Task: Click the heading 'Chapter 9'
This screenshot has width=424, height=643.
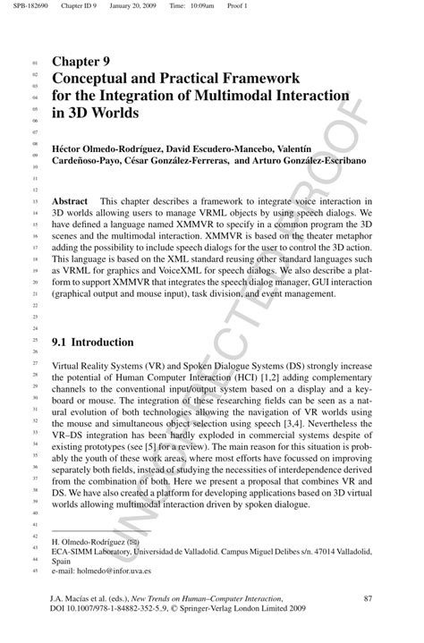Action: coord(81,62)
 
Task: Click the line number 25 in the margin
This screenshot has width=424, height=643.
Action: coord(35,343)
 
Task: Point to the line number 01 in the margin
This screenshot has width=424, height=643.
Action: coord(35,63)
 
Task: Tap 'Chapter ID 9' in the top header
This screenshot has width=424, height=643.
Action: coord(80,7)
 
